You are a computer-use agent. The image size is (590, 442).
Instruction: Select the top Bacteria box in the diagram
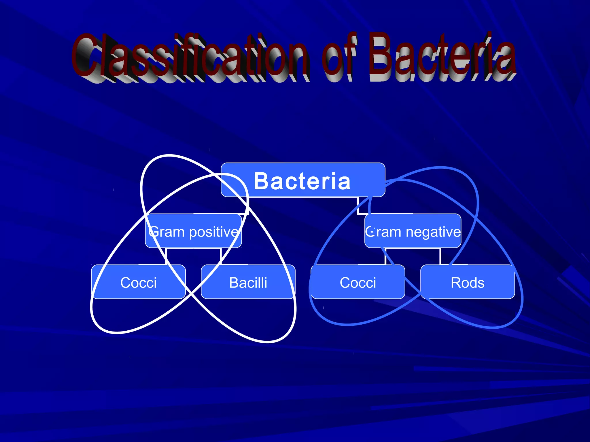(302, 180)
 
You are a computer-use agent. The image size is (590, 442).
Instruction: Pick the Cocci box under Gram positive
(138, 282)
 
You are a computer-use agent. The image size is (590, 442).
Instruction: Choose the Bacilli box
(248, 282)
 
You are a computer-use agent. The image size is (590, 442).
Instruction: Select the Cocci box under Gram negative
(358, 282)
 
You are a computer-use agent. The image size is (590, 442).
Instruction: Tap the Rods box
(468, 282)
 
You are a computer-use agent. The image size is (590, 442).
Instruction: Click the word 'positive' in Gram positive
(213, 232)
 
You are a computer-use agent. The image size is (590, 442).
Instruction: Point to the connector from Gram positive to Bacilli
(221, 256)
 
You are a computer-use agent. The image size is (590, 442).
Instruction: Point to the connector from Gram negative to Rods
(440, 256)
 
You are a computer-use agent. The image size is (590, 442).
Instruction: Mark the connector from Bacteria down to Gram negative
(358, 206)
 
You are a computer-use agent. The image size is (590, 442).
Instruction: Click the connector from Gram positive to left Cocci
(166, 256)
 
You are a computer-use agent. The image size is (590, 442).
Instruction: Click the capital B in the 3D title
(382, 56)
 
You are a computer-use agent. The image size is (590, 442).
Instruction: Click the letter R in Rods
(456, 283)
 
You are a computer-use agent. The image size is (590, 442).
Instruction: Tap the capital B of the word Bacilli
(234, 283)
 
